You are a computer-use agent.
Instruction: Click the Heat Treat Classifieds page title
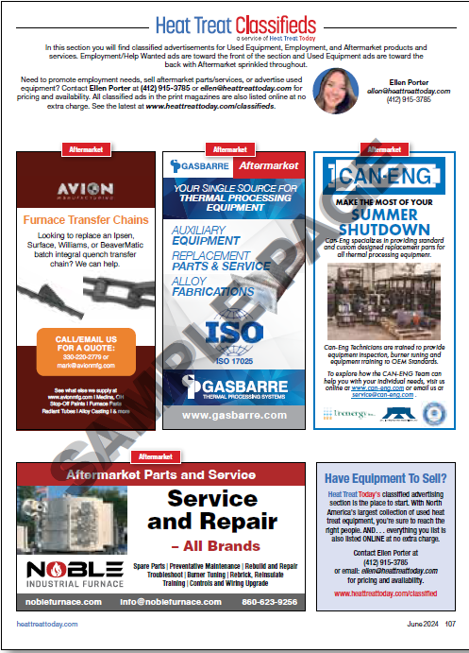pos(235,23)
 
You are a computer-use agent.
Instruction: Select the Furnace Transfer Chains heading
pos(86,220)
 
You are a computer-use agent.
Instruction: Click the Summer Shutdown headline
pos(383,222)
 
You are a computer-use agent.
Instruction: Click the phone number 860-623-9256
pos(269,601)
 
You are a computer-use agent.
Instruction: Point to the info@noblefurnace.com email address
pos(169,601)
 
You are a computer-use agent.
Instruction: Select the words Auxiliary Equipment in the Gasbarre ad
pos(205,235)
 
